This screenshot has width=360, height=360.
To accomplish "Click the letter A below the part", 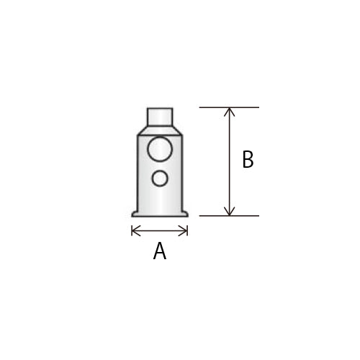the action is pos(160,251).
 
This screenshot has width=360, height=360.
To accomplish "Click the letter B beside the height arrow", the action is pos(248,159).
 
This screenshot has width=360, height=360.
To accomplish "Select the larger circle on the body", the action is pos(160,149).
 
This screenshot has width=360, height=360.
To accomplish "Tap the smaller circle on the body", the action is pos(160,179).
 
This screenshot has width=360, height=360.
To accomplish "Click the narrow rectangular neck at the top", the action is pos(160,117).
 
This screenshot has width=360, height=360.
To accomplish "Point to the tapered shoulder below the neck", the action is pos(160,130).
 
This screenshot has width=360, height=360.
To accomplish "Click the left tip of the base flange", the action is pos(132,215).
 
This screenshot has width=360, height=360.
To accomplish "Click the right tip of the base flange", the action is pos(187,215).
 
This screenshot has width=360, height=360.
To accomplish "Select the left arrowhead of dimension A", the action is pos(135,231).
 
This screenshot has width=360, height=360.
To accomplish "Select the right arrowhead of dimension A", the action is pos(184,231).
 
